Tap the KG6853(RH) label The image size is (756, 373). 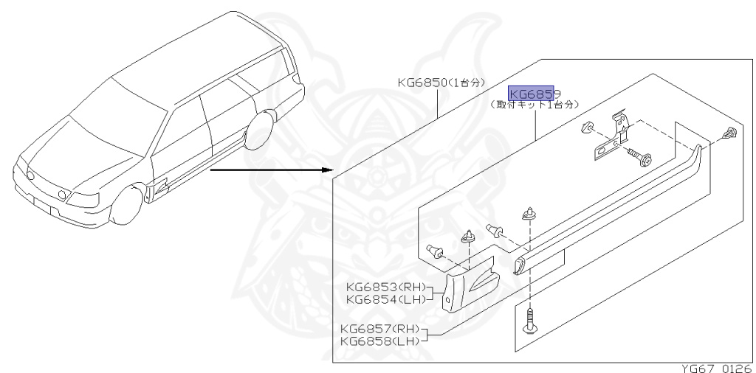384,287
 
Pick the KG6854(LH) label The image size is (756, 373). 384,299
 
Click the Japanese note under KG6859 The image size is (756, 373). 535,105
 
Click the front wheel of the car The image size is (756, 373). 125,204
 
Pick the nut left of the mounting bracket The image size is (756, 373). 587,127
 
